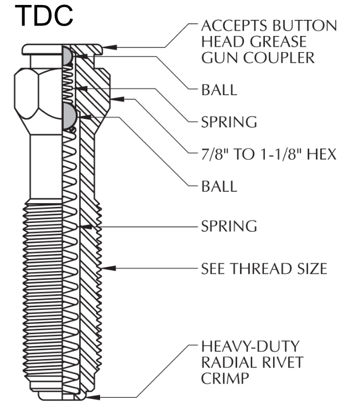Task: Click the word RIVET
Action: (284, 362)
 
